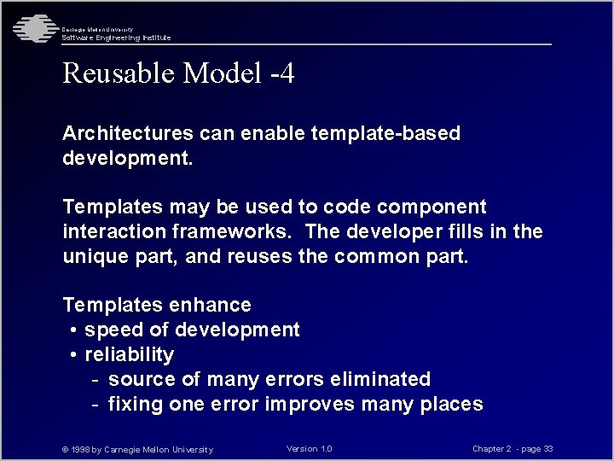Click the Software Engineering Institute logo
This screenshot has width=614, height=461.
pyautogui.click(x=32, y=29)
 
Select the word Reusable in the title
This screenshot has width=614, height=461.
pyautogui.click(x=119, y=74)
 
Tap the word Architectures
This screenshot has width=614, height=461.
pyautogui.click(x=128, y=134)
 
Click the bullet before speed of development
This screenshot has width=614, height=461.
pyautogui.click(x=75, y=330)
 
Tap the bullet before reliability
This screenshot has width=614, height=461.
pyautogui.click(x=75, y=355)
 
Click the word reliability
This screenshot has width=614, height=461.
pyautogui.click(x=129, y=355)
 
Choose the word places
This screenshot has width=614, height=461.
pyautogui.click(x=451, y=404)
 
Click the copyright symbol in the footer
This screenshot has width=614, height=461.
pyautogui.click(x=66, y=450)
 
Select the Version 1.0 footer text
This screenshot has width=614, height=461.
pyautogui.click(x=310, y=449)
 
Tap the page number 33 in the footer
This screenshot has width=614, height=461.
pyautogui.click(x=548, y=449)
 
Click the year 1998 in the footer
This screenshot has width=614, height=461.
pyautogui.click(x=81, y=450)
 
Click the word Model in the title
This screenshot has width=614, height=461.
pyautogui.click(x=222, y=74)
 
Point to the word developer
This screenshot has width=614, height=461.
pyautogui.click(x=381, y=232)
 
